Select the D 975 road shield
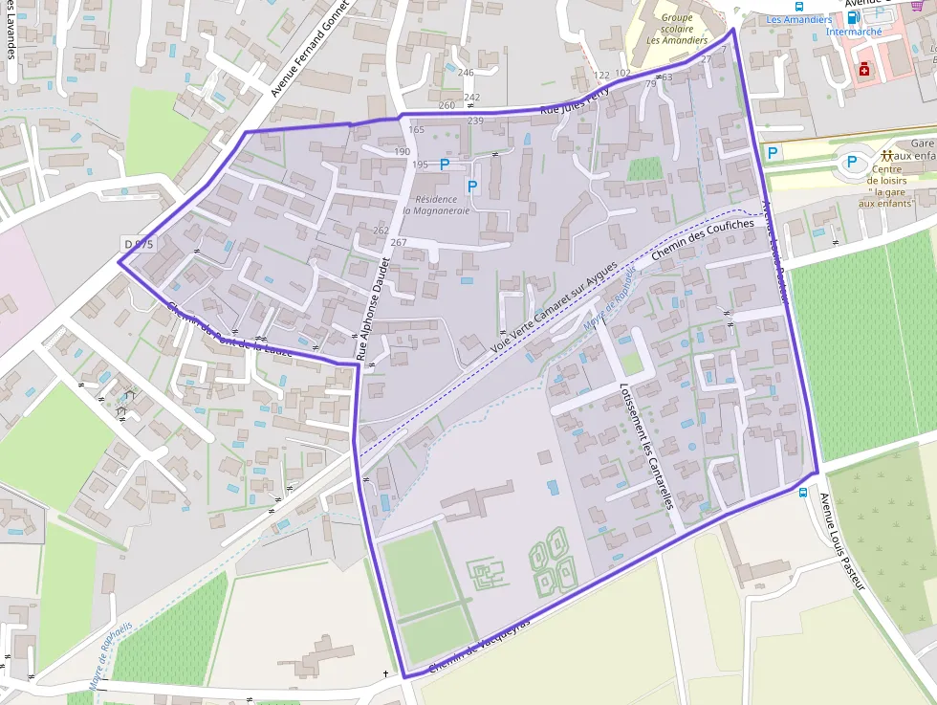pyautogui.click(x=139, y=245)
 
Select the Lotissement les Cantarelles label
pyautogui.click(x=646, y=445)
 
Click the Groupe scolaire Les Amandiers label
pyautogui.click(x=677, y=29)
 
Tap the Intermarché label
pyautogui.click(x=854, y=32)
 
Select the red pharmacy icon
pyautogui.click(x=864, y=70)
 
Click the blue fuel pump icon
pyautogui.click(x=853, y=16)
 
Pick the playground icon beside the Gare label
pyautogui.click(x=886, y=155)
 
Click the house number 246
pyautogui.click(x=466, y=73)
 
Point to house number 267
pyautogui.click(x=399, y=242)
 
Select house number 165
pyautogui.click(x=416, y=130)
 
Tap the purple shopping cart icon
pyautogui.click(x=917, y=5)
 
